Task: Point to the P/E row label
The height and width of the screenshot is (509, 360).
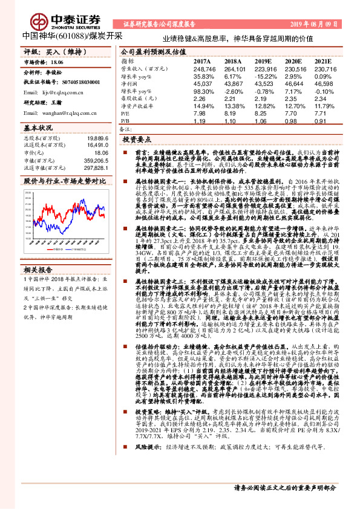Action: [125, 112]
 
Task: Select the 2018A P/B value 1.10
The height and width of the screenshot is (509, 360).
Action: [232, 120]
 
